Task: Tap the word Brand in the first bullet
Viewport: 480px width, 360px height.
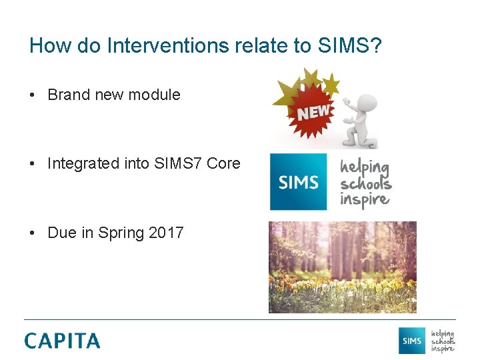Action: (x=69, y=95)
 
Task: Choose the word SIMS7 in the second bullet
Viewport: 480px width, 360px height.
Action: (x=178, y=163)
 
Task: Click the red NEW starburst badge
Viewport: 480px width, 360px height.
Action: (x=312, y=113)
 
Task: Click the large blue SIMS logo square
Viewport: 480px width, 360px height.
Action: (x=298, y=182)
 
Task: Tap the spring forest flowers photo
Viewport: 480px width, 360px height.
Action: (x=342, y=267)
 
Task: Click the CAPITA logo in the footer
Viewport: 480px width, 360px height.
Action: (x=62, y=341)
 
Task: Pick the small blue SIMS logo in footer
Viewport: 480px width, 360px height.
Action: (x=411, y=341)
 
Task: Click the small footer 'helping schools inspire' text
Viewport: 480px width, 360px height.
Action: (x=443, y=341)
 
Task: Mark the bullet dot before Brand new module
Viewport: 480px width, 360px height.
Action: (x=33, y=95)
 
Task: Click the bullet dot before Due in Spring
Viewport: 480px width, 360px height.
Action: (x=33, y=233)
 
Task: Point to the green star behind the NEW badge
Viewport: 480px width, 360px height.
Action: (x=331, y=84)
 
